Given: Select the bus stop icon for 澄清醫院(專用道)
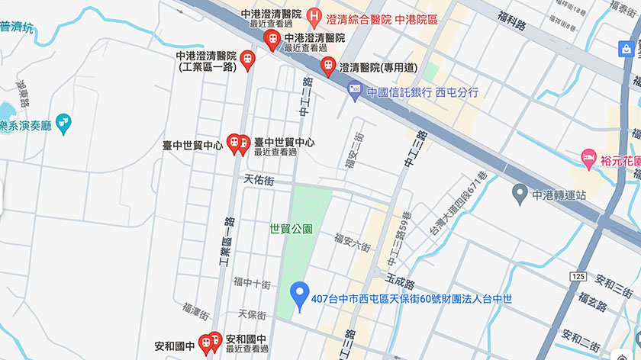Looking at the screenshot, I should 328,66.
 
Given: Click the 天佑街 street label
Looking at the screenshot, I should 258,181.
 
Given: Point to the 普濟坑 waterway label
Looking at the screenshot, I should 17,27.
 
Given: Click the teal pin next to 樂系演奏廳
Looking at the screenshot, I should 63,122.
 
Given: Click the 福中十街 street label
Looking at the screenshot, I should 253,284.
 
